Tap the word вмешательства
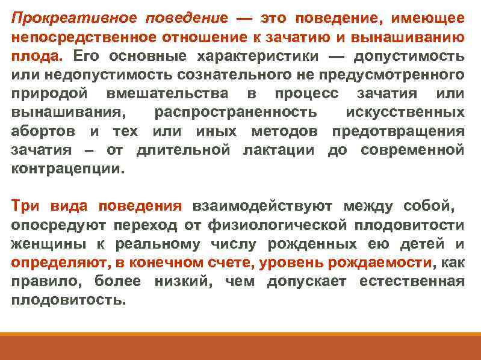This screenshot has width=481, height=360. (x=168, y=94)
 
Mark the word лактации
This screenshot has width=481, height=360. (x=282, y=150)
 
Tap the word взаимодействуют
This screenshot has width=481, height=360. (x=262, y=206)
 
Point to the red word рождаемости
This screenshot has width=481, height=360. (x=382, y=263)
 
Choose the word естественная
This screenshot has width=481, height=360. (x=411, y=282)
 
